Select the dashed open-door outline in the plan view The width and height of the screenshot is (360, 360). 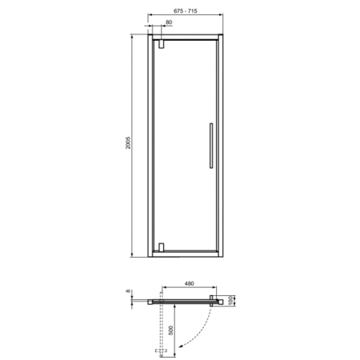(161, 328)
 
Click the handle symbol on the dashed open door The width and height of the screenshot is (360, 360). (157, 350)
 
